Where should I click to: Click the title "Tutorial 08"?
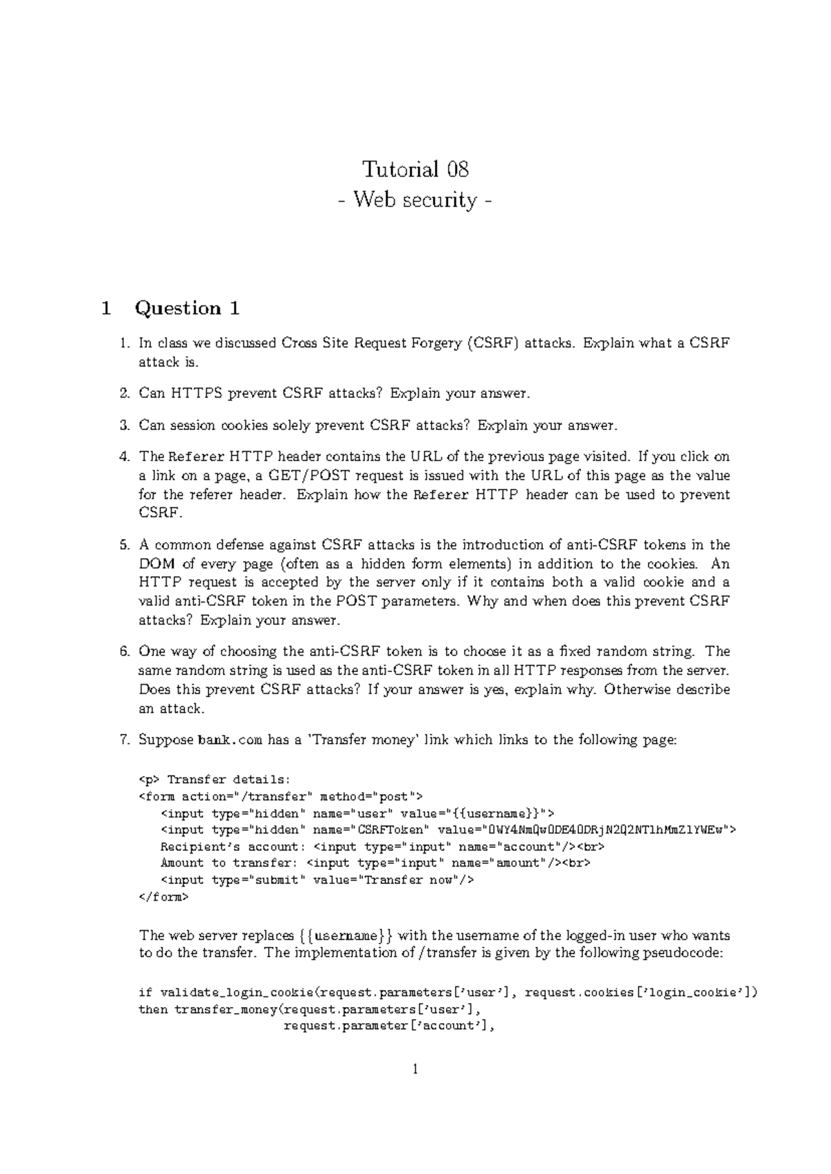(415, 169)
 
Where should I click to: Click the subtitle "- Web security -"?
(415, 200)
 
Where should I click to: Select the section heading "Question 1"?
(188, 308)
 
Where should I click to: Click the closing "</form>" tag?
(163, 897)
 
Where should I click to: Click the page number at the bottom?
(415, 1069)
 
